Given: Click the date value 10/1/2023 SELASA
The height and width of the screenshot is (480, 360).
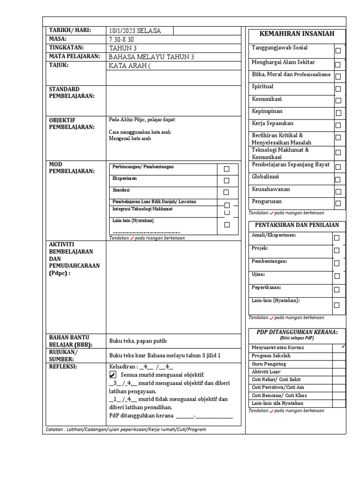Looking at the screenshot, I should tap(135, 31).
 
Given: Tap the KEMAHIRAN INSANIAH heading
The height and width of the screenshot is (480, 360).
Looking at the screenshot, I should tap(297, 34).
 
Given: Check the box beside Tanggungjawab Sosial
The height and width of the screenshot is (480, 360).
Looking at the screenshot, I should tap(338, 51).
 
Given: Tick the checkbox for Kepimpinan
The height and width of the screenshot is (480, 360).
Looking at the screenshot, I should tap(338, 112).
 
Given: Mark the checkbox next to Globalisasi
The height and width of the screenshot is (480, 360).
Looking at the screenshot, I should tap(338, 179).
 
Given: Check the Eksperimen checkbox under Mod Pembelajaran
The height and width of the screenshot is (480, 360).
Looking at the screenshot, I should tap(227, 180).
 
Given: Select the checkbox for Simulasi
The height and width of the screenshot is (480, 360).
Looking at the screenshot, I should tap(227, 192).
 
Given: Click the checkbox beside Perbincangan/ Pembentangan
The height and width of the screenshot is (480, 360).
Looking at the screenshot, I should tap(227, 169).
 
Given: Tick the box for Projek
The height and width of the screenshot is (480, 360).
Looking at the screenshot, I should tap(337, 250).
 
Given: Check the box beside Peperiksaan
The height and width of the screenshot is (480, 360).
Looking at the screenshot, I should tap(337, 290).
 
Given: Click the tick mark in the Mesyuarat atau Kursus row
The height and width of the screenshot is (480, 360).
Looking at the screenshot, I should tap(344, 346).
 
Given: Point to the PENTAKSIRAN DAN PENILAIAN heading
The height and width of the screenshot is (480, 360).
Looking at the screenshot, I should tap(297, 225).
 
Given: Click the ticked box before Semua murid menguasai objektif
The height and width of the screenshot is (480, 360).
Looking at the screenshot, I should tap(112, 375).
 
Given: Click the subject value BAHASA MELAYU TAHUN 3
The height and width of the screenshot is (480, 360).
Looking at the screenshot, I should tap(151, 57).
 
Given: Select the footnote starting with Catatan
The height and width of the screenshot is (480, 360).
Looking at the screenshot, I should tap(126, 429).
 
